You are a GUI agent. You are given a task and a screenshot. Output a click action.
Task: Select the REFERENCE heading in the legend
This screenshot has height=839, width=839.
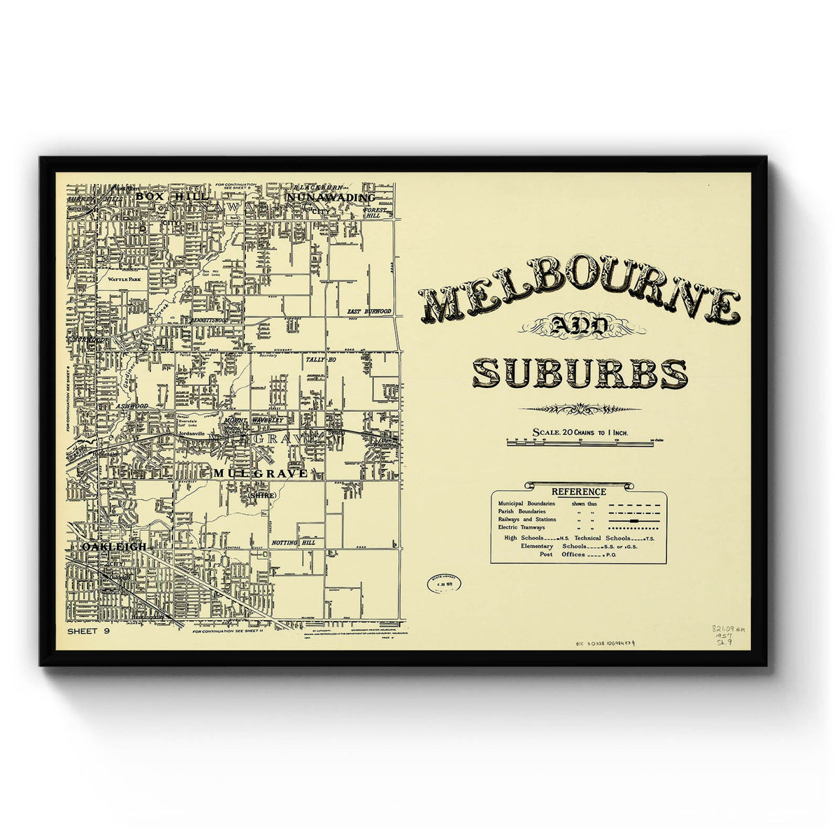click(x=578, y=492)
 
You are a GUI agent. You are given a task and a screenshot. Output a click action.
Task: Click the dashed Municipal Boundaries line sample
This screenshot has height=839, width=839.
click(x=633, y=503)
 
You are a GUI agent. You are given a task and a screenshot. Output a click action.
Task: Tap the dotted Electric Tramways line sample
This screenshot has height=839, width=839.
click(x=633, y=529)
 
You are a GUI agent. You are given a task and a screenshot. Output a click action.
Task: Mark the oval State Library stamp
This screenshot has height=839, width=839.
click(x=444, y=585)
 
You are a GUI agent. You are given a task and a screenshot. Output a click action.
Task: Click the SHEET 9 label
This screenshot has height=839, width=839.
click(x=89, y=631)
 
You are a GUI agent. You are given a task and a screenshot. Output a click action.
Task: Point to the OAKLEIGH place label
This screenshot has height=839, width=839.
click(x=114, y=546)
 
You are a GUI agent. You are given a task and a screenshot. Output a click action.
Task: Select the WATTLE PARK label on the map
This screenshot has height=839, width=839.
click(x=124, y=278)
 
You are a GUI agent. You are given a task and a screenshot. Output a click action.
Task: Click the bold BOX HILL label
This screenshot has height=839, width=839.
click(x=162, y=197)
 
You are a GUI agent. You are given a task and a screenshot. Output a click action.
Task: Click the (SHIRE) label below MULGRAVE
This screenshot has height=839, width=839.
click(x=262, y=495)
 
